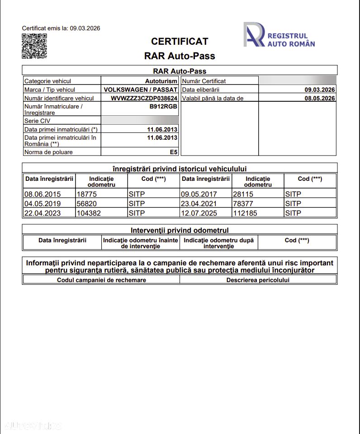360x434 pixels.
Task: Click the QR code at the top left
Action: tap(34, 46)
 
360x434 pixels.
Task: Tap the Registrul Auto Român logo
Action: tap(279, 35)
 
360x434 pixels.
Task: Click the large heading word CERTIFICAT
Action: tap(180, 42)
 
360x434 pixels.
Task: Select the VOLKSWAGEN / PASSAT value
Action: tap(140, 90)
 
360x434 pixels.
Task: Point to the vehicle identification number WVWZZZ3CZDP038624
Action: tap(144, 98)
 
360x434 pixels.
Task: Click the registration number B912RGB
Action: tap(163, 107)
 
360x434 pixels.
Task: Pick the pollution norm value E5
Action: tap(173, 152)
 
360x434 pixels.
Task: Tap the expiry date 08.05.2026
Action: tap(319, 98)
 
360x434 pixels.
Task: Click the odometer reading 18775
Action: tap(86, 194)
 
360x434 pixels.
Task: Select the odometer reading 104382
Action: tap(89, 213)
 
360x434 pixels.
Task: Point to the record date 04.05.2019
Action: tap(43, 203)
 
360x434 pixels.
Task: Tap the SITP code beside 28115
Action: tap(293, 194)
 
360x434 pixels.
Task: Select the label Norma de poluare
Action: tap(48, 152)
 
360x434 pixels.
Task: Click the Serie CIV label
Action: tap(38, 121)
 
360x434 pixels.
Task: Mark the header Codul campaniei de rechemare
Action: tap(101, 280)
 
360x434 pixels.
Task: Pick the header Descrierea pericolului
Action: tap(258, 280)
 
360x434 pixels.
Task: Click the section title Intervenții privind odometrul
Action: tap(180, 230)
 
